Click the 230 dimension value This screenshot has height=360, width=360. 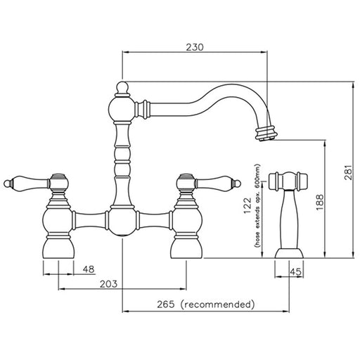(195, 47)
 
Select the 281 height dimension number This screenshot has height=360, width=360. (348, 172)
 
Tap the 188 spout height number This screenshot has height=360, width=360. (320, 202)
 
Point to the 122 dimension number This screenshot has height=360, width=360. (247, 206)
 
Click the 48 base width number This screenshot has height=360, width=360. (89, 269)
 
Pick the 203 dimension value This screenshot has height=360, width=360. (108, 284)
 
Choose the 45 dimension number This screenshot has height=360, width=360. (295, 272)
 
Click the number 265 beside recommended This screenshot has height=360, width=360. (166, 304)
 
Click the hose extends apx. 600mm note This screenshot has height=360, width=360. (257, 206)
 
